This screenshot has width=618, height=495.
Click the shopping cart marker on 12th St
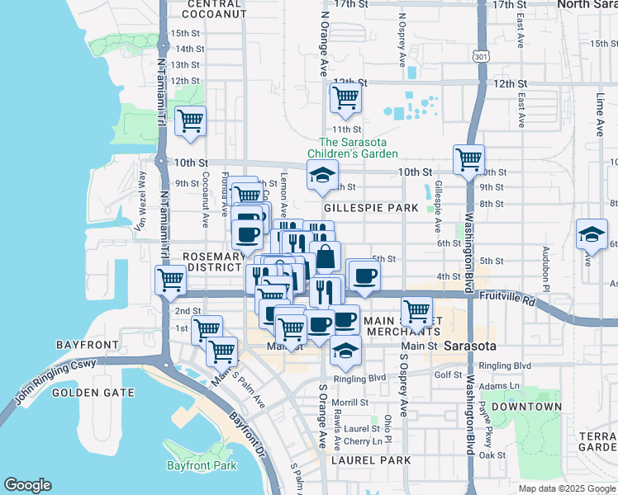tap(346, 98)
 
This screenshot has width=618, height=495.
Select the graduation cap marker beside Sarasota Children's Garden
tap(322, 175)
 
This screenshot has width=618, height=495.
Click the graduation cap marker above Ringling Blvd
tap(346, 351)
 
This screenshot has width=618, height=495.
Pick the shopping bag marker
tap(326, 257)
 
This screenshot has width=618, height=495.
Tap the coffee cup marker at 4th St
tap(364, 276)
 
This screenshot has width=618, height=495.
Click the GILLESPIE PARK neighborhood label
tap(371, 209)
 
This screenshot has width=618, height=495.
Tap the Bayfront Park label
tap(201, 466)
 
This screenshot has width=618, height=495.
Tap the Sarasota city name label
tap(468, 346)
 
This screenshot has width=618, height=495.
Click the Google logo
tap(28, 485)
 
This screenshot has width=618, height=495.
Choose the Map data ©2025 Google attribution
tap(566, 488)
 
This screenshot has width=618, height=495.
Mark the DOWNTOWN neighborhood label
tap(525, 407)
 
